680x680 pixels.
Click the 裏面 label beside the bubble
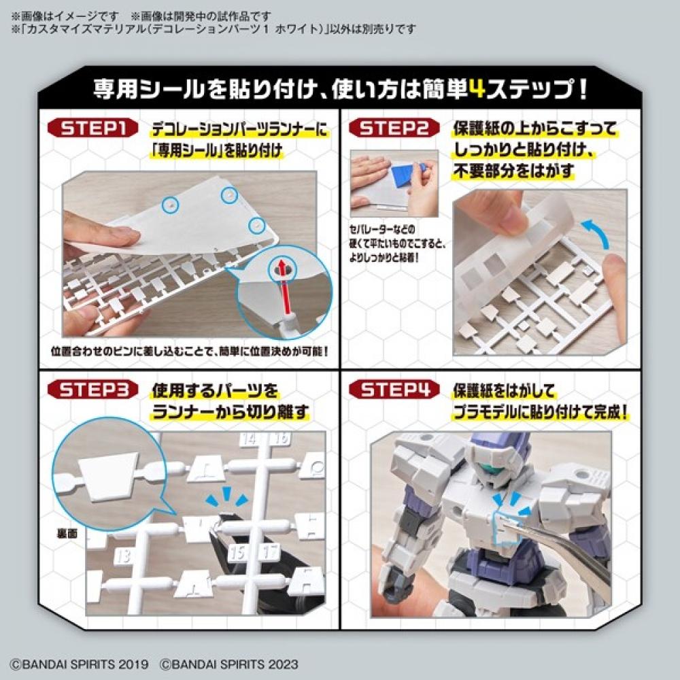tap(68, 534)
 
